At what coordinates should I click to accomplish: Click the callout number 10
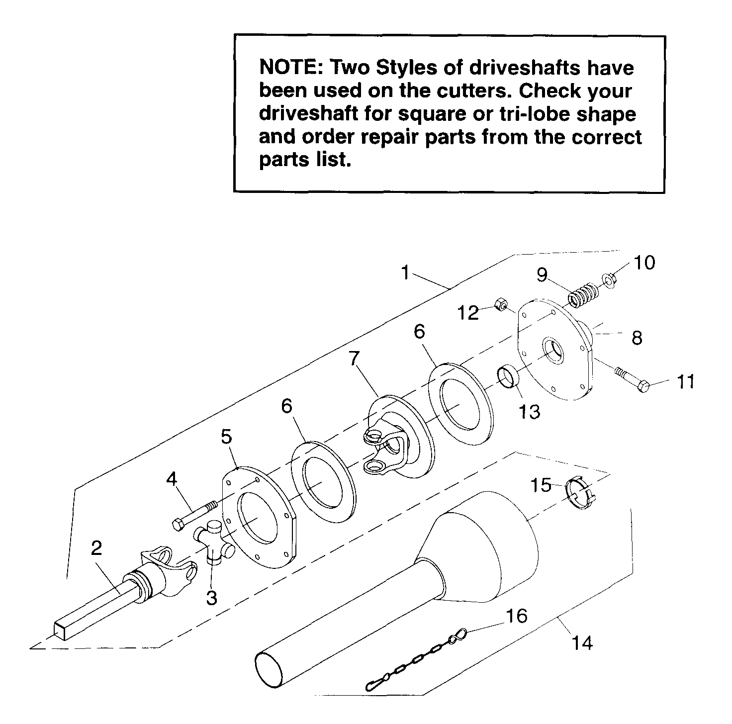point(644,263)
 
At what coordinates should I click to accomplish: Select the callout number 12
point(468,313)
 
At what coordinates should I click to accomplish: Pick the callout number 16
point(517,616)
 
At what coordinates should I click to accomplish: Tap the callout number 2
point(96,548)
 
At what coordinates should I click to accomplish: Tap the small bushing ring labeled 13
point(508,376)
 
